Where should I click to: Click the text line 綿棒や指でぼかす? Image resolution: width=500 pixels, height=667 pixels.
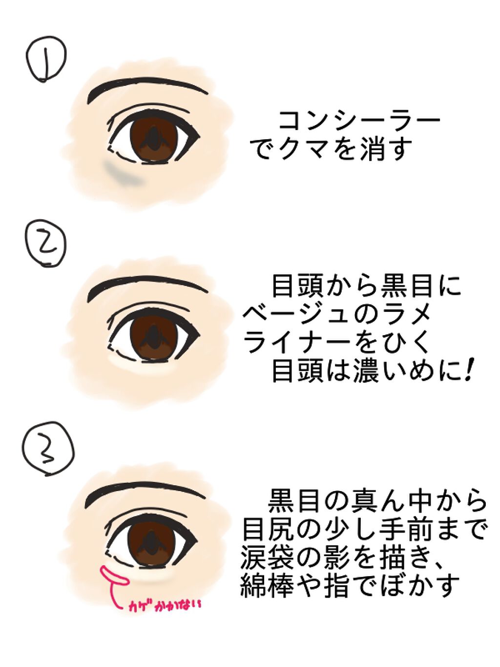(350, 587)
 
